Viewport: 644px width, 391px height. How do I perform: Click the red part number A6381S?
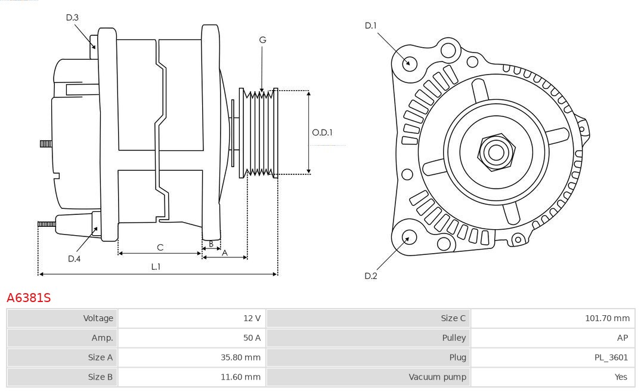tap(29, 297)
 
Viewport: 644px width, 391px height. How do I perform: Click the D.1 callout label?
tap(371, 26)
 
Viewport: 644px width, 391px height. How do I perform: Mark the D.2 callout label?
tap(371, 276)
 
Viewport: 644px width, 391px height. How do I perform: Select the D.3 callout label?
tap(72, 18)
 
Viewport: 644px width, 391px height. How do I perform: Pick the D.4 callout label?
tap(74, 258)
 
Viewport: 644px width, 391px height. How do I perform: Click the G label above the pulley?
tap(262, 40)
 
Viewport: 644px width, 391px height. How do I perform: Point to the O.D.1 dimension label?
tap(322, 133)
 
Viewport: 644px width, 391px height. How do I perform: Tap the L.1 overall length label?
tap(155, 267)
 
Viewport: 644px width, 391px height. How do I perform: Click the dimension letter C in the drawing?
tap(160, 247)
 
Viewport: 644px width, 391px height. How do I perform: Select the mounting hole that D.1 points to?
tap(409, 63)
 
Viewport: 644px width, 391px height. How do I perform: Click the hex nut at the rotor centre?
tap(495, 152)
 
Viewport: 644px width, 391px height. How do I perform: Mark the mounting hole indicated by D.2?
tap(408, 238)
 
